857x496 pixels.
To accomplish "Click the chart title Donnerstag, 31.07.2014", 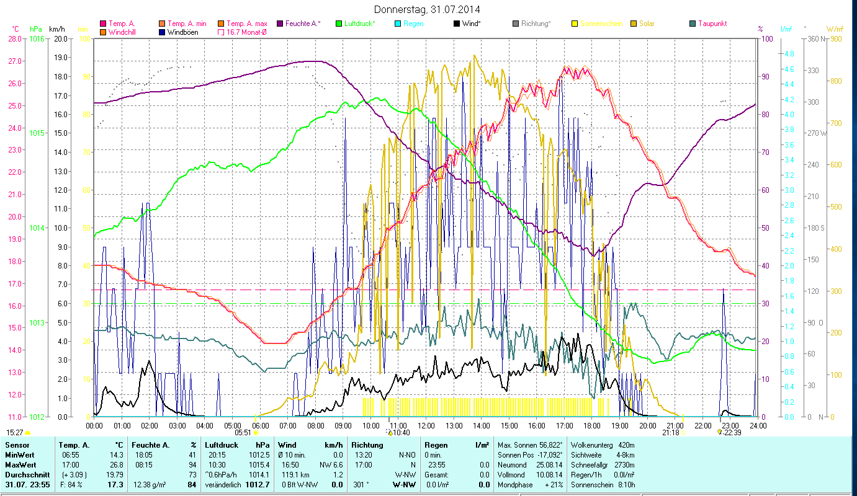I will (x=428, y=9).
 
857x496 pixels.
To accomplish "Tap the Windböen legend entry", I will (x=183, y=32).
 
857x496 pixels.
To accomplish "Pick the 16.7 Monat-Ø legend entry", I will (x=246, y=32).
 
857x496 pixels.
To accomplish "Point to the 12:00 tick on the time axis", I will (x=426, y=425).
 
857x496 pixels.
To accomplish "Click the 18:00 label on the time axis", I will (x=592, y=425).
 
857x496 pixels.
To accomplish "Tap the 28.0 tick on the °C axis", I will (x=14, y=38).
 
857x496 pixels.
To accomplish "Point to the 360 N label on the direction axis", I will (x=815, y=38).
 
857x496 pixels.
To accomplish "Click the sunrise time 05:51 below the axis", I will (x=243, y=433).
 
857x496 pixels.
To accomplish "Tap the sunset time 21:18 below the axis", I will (x=670, y=433).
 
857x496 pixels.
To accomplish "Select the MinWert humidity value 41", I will (x=192, y=454).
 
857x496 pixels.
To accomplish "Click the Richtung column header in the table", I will (x=367, y=445).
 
